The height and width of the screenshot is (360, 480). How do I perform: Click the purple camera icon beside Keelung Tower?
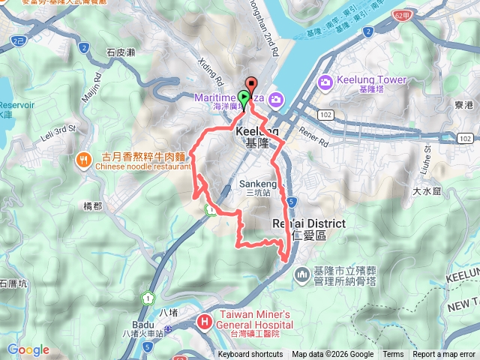pos(326,82)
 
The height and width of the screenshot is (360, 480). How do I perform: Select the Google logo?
pos(28,349)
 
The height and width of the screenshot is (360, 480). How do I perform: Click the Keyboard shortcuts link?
pos(250,355)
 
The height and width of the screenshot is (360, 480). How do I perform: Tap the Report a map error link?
pos(444,355)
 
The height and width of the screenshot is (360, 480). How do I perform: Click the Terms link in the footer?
pos(393,355)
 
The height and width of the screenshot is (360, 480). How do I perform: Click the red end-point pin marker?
pos(250,84)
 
